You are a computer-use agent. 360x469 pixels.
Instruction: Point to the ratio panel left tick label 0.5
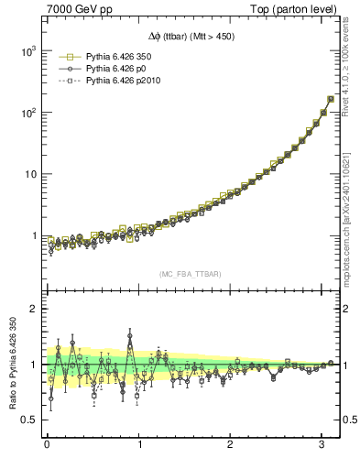[27, 420]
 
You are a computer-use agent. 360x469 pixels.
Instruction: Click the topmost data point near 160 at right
[330, 99]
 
